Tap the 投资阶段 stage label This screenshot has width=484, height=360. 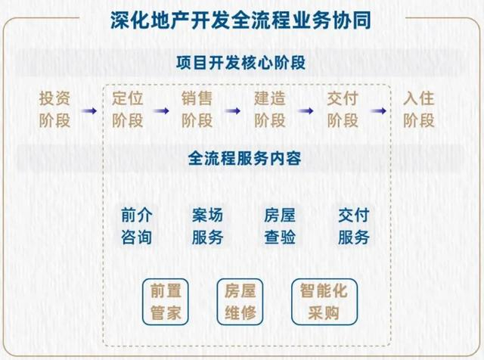pos(55,110)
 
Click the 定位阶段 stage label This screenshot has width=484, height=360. pos(127,110)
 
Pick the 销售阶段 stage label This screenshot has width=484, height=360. pos(197,110)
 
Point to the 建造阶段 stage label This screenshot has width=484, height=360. pos(270,110)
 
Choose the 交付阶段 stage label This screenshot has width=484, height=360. pos(343,110)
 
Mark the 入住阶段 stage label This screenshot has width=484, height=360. pos(419,110)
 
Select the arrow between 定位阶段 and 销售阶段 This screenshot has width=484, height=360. pos(160,110)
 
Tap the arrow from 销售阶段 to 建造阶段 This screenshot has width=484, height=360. pos(233,110)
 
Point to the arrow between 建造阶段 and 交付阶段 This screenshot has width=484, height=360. pos(306,110)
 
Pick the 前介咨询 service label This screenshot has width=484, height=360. pos(137,225)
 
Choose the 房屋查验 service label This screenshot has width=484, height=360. pos(280,225)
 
